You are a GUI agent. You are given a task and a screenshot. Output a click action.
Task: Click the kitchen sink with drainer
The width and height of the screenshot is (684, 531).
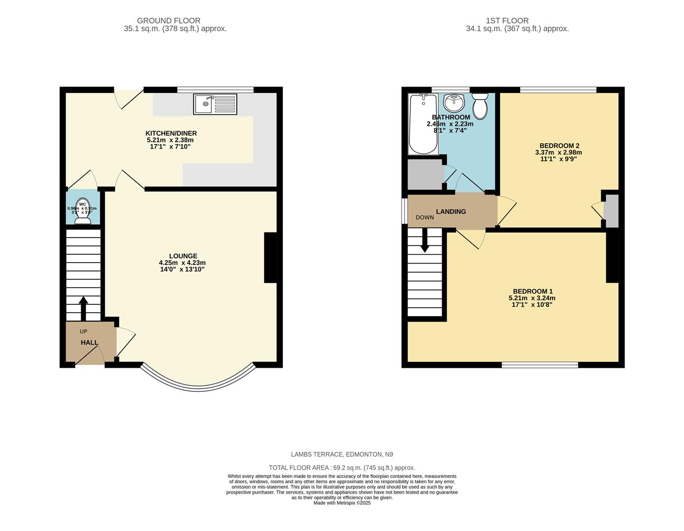(215, 104)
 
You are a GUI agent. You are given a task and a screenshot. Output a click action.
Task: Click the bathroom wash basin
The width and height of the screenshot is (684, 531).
(453, 103)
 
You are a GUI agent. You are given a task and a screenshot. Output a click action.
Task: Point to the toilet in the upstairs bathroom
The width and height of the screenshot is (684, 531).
(480, 106)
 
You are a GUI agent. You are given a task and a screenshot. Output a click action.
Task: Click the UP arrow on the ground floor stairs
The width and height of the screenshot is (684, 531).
(83, 308)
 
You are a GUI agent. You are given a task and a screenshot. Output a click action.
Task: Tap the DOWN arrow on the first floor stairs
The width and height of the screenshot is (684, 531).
(424, 242)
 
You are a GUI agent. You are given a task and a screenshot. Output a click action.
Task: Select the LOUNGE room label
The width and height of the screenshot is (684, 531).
(183, 256)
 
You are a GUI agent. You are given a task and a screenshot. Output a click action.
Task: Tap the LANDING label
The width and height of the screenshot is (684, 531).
(451, 211)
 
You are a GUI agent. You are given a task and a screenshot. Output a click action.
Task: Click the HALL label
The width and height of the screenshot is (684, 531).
(89, 342)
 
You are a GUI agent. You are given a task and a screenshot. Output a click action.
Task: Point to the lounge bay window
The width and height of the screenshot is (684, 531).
(198, 387)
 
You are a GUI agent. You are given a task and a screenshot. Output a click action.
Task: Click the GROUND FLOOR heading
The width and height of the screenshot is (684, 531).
(168, 21)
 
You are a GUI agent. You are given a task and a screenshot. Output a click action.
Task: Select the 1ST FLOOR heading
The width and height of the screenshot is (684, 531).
(507, 21)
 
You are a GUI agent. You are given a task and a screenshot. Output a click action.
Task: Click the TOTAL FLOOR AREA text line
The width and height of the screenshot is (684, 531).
(342, 468)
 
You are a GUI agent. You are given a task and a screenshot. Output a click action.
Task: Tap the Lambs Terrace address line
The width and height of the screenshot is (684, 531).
(342, 454)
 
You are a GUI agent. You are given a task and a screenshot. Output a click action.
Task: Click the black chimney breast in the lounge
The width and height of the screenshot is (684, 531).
(270, 257)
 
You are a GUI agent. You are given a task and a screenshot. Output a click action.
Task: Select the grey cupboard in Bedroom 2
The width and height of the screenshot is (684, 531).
(611, 210)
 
